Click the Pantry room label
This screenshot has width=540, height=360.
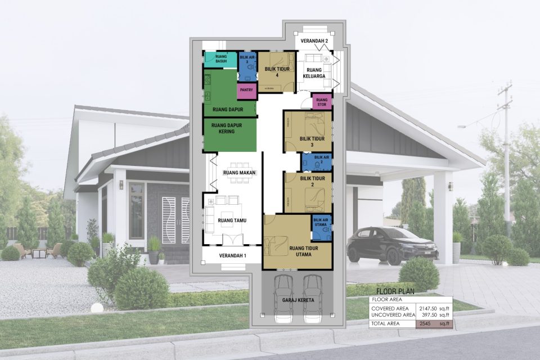click(246, 89)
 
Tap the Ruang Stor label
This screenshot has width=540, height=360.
click(322, 102)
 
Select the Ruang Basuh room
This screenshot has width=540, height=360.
click(220, 59)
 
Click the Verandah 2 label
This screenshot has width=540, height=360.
click(314, 42)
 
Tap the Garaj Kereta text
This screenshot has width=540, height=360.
click(298, 300)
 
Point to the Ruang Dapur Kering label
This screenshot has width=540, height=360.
click(223, 128)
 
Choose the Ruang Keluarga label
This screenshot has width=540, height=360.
click(314, 74)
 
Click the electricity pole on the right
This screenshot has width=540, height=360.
click(506, 152)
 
